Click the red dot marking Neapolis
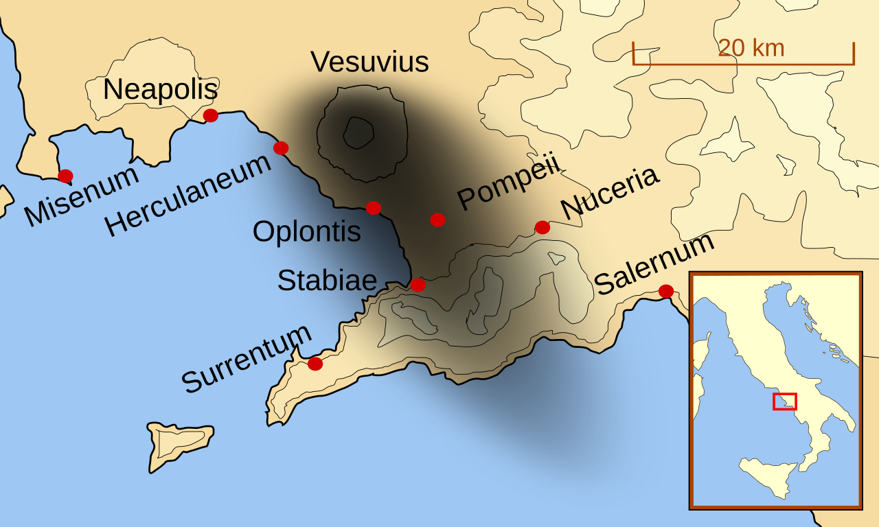(x=211, y=115)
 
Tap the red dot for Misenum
(x=65, y=176)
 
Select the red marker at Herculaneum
(x=281, y=148)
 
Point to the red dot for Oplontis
(x=374, y=207)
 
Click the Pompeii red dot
(x=437, y=220)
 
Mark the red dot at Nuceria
(x=543, y=227)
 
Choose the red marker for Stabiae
(x=418, y=285)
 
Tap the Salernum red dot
(x=666, y=291)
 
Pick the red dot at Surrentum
(x=315, y=364)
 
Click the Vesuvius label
(x=369, y=62)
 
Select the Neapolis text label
(x=160, y=90)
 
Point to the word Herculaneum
(x=188, y=196)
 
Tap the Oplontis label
(x=306, y=232)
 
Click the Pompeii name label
(x=509, y=181)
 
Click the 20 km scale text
(x=751, y=48)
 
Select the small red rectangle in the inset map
(x=784, y=401)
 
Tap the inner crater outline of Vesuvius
(x=358, y=132)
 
